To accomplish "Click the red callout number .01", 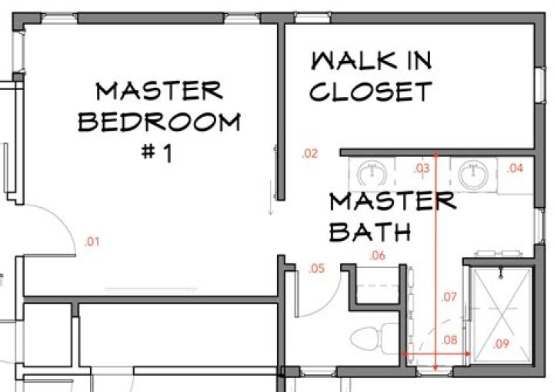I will (92, 242).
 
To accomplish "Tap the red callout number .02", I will (309, 154).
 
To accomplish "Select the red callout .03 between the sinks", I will (422, 167).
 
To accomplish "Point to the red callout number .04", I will (515, 168).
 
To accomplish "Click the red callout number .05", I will (316, 269).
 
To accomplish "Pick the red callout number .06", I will (377, 256).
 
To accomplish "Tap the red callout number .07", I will (450, 296).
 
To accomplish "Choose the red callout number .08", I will (449, 339).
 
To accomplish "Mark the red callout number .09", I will (501, 343).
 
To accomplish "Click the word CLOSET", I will (369, 92).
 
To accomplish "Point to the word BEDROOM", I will (159, 122).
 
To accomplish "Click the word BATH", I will (369, 230).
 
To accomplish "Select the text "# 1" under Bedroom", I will (159, 152).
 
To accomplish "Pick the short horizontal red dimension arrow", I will (436, 353).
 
